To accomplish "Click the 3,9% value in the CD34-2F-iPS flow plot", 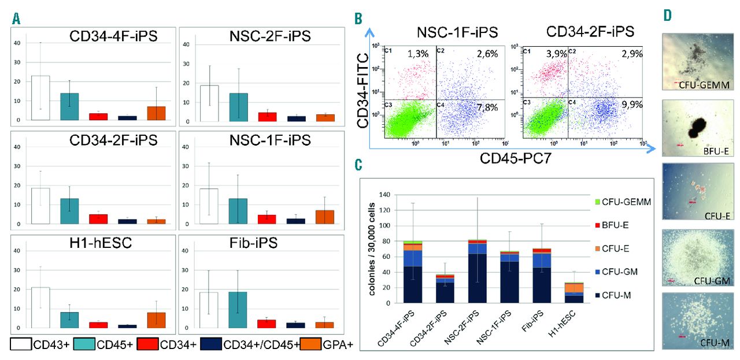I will click(544, 53).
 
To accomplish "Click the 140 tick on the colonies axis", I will click(384, 195).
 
